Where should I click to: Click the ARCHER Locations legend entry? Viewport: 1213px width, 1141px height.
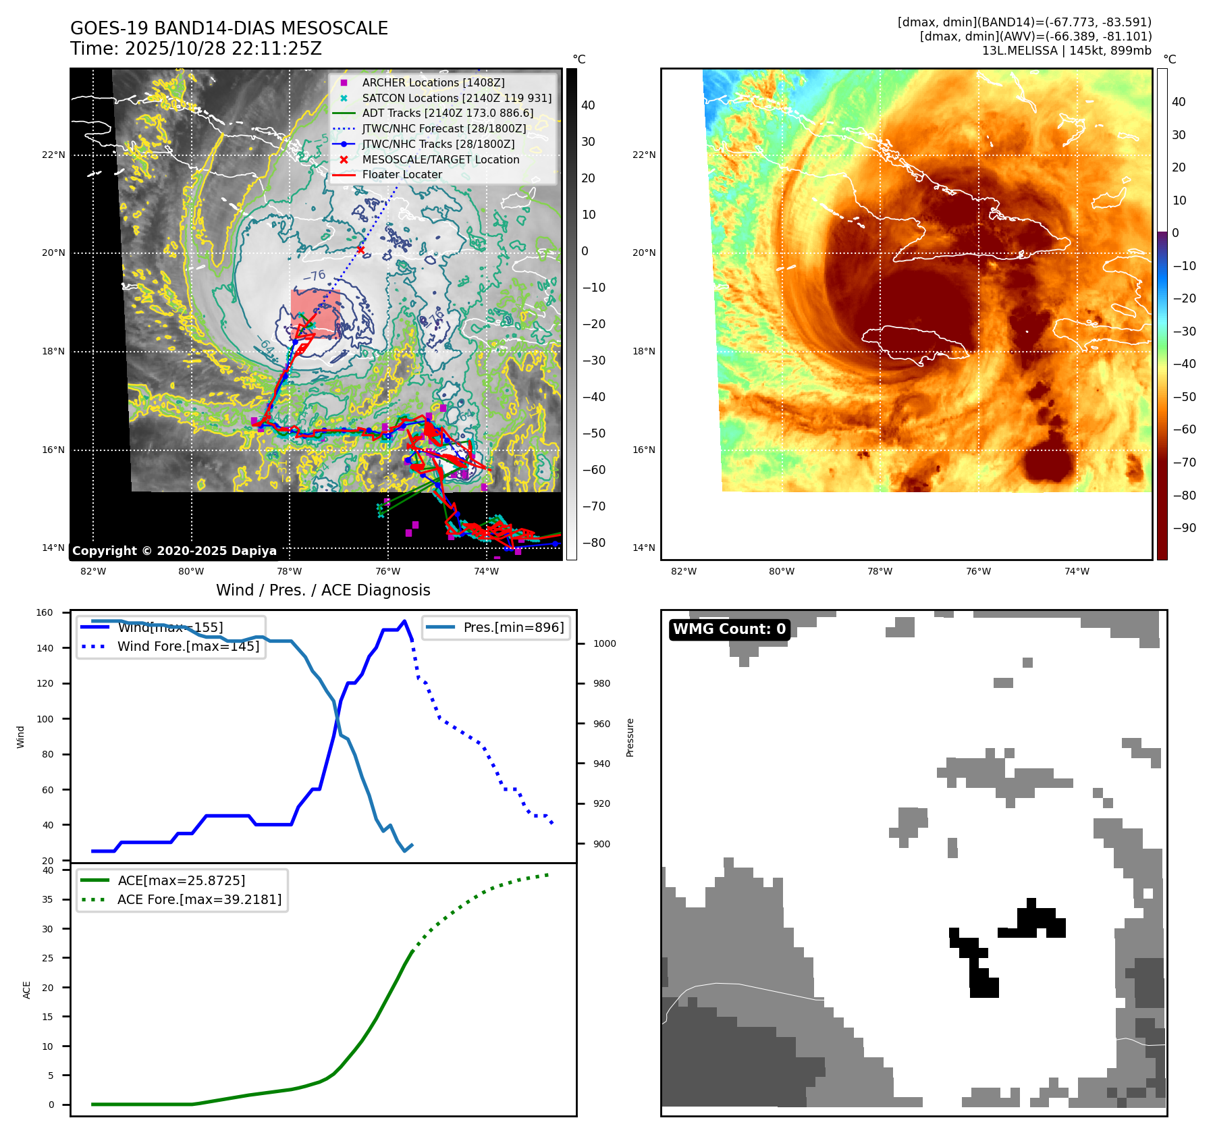[433, 82]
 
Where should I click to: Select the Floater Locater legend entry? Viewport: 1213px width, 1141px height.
[402, 174]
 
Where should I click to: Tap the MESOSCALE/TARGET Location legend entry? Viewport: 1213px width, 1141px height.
[440, 159]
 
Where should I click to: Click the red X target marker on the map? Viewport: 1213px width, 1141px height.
[360, 250]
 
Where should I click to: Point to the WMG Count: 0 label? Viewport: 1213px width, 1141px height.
[729, 629]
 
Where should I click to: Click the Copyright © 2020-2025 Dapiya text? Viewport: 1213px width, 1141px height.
[174, 551]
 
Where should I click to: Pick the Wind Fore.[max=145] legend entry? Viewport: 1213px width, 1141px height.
[188, 646]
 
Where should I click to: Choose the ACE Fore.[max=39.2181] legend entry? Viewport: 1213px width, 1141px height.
[199, 899]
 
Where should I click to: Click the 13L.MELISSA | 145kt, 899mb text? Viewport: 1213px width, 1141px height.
[1067, 51]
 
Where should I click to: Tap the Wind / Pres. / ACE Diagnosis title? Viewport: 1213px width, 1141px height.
[323, 590]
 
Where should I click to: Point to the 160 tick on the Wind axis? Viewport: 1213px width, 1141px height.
[45, 613]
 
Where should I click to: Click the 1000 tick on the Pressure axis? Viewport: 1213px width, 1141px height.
[604, 643]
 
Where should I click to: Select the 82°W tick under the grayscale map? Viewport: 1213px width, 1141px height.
[93, 571]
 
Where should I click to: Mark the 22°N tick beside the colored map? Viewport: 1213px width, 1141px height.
[643, 155]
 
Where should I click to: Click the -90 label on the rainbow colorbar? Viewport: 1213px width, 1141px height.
[1184, 528]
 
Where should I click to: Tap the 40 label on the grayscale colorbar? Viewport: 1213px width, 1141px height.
[588, 105]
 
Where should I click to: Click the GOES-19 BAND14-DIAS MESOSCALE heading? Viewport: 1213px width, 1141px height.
[229, 28]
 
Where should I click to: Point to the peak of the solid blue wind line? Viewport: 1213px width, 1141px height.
[404, 621]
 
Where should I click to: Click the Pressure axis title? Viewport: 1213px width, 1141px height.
[630, 737]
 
